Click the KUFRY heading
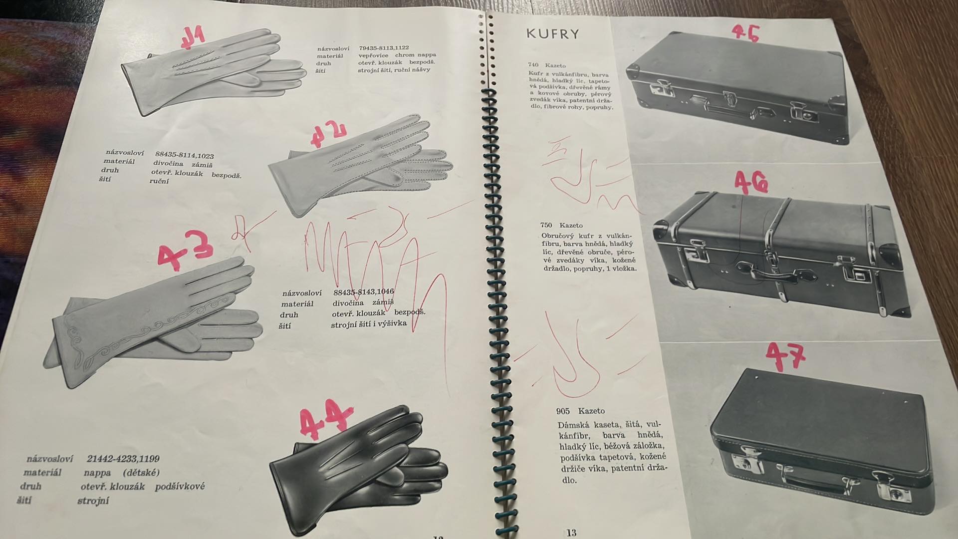[553, 34]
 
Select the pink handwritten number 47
[785, 355]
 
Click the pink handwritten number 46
[750, 184]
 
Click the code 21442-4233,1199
[123, 458]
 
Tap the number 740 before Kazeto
[533, 65]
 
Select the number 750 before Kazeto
[546, 225]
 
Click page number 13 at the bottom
[571, 533]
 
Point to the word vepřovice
[374, 55]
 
